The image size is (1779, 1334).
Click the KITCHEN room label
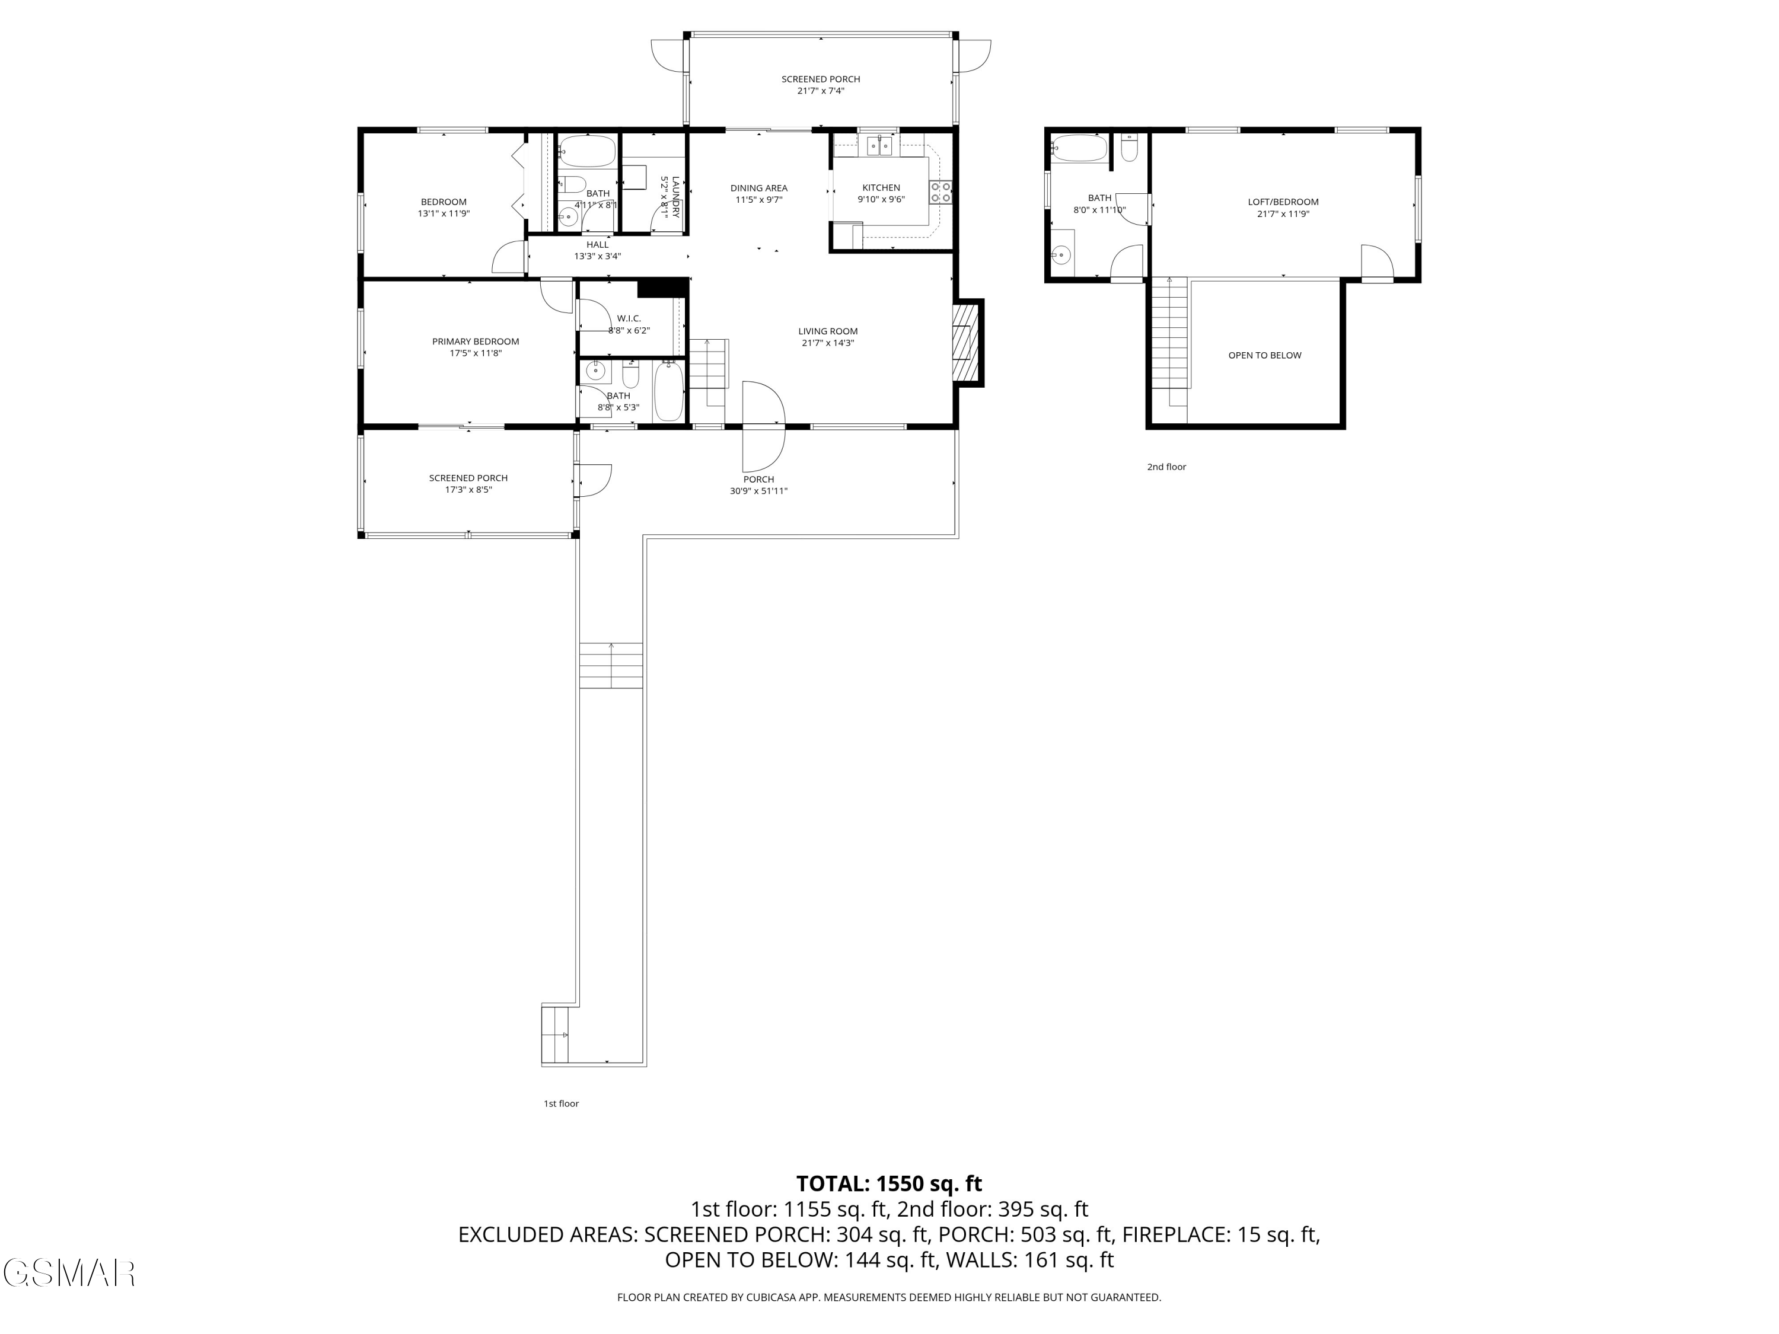coord(881,188)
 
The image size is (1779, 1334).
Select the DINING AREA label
coord(758,188)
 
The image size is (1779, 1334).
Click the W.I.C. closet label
coord(629,318)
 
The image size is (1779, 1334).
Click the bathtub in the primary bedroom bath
coord(668,391)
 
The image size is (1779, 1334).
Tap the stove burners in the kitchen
coord(940,192)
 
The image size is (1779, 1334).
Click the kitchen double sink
coord(880,145)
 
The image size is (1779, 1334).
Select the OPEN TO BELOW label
coord(1264,355)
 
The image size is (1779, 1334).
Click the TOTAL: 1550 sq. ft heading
coord(889,1183)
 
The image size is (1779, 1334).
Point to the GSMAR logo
coord(68,1273)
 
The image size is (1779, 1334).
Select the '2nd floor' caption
coord(1166,467)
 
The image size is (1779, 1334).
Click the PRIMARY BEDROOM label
coord(476,342)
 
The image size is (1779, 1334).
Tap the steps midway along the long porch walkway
coord(611,665)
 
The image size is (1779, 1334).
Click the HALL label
coord(598,244)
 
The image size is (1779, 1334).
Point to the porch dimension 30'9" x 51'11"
coord(758,492)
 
